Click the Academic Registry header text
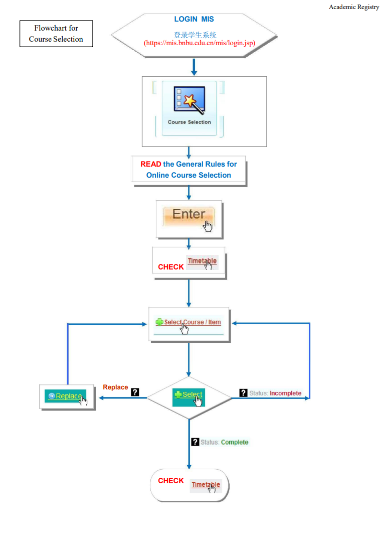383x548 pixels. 354,7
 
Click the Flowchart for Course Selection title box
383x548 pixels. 56,34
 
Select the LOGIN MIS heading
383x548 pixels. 194,19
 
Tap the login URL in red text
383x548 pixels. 200,43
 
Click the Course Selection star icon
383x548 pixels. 189,100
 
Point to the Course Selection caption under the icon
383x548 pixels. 189,122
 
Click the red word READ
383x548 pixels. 151,164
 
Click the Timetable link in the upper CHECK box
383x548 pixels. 202,261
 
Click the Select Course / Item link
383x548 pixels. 193,322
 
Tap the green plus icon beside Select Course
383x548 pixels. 159,322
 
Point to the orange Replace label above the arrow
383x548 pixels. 115,387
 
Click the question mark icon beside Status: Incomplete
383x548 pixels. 243,393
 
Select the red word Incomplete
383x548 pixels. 285,393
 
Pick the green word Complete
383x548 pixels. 235,442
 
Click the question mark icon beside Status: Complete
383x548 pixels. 195,442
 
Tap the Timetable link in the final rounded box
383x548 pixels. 206,484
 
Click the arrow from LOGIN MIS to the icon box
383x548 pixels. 194,67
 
